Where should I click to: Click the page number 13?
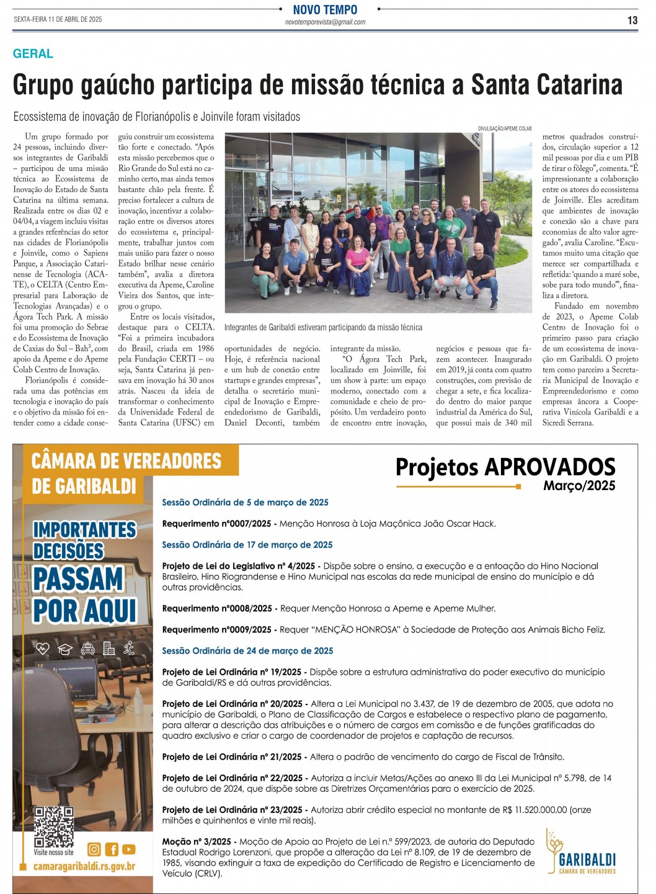point(632,20)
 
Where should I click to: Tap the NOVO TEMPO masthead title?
point(325,9)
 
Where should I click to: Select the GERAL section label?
point(33,54)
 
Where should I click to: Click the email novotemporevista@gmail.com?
point(325,22)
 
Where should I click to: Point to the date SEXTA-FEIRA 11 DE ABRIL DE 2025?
point(58,19)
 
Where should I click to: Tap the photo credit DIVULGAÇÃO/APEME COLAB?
point(504,129)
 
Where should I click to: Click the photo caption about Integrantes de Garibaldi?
point(323,327)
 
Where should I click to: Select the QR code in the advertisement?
point(53,826)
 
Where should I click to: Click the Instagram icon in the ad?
point(94,849)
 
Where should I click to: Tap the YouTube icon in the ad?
point(129,849)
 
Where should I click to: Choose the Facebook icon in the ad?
point(112,849)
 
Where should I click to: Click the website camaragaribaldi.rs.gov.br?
point(84,866)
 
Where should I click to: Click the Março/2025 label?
point(579,486)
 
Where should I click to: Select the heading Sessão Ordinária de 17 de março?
point(247,545)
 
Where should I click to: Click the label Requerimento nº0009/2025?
point(216,629)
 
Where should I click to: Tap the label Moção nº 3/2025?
point(197,841)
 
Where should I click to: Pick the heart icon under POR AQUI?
point(42,649)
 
